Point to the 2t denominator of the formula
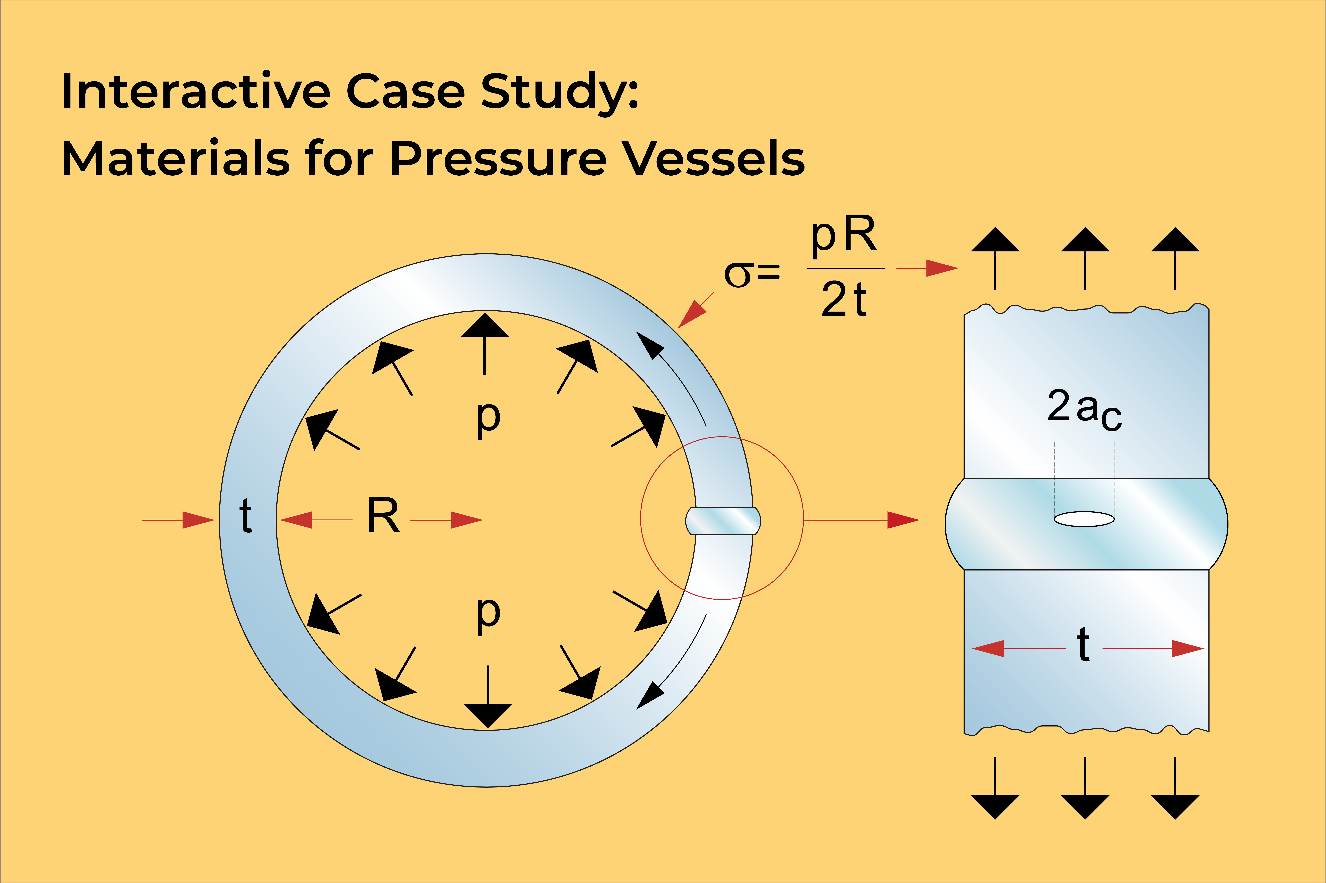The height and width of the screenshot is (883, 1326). tap(844, 299)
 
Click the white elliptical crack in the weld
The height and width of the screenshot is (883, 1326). tap(1084, 519)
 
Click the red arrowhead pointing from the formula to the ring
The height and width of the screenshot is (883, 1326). tap(692, 314)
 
